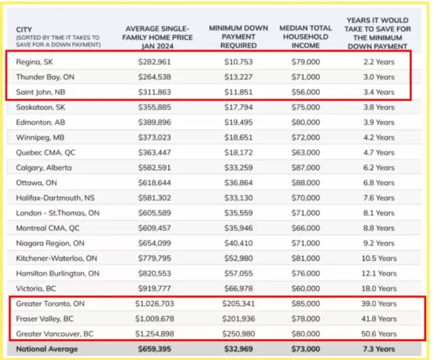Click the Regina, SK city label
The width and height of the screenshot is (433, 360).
pyautogui.click(x=35, y=62)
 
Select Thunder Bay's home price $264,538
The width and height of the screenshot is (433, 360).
pyautogui.click(x=155, y=77)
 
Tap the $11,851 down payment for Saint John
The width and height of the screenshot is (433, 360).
pyautogui.click(x=239, y=92)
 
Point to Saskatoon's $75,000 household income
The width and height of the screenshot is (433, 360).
pyautogui.click(x=306, y=107)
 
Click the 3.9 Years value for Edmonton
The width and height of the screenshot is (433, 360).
pyautogui.click(x=379, y=123)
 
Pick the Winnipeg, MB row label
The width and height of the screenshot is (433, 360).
pyautogui.click(x=40, y=138)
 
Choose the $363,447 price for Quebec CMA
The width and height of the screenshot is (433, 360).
pyautogui.click(x=155, y=153)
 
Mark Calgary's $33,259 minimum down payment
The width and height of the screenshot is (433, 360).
pyautogui.click(x=239, y=168)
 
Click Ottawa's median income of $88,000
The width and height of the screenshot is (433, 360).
pyautogui.click(x=306, y=183)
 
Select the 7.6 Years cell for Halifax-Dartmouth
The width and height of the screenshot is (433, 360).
pyautogui.click(x=379, y=198)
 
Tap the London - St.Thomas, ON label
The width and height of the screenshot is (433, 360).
pyautogui.click(x=58, y=213)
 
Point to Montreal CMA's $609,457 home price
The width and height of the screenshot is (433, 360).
pyautogui.click(x=155, y=228)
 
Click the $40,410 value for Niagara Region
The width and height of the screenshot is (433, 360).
pyautogui.click(x=239, y=243)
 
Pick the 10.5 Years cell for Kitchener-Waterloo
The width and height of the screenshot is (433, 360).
pyautogui.click(x=379, y=258)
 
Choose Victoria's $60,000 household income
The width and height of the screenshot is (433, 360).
pyautogui.click(x=306, y=289)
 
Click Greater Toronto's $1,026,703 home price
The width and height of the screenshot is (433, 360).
pyautogui.click(x=155, y=304)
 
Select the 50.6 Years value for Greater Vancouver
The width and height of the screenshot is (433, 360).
pyautogui.click(x=379, y=334)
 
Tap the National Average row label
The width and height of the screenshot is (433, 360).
pyautogui.click(x=47, y=350)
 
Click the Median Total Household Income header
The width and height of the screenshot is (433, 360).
pyautogui.click(x=306, y=37)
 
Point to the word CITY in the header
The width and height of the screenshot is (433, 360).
pyautogui.click(x=24, y=30)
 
